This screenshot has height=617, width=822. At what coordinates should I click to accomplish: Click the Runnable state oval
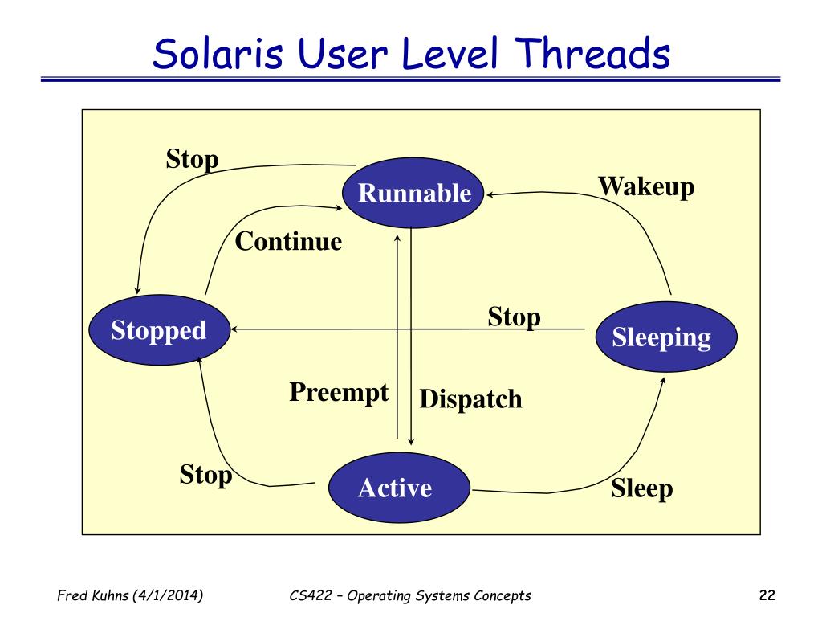[413, 193]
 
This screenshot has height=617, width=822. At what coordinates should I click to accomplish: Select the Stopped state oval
[160, 330]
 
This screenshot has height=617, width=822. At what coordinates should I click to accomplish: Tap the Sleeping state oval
[666, 337]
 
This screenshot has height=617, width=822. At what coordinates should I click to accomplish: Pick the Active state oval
[399, 488]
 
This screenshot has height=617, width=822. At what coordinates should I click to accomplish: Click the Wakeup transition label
[646, 186]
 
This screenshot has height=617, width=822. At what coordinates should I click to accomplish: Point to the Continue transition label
[288, 241]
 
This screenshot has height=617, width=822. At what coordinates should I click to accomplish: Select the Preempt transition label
[339, 393]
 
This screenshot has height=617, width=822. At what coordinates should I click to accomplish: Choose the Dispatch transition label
[470, 399]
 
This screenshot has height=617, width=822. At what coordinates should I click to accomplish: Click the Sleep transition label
[641, 489]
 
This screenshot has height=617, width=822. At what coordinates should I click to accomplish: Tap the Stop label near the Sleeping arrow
[514, 317]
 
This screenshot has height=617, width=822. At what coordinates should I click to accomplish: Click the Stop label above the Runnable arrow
[192, 159]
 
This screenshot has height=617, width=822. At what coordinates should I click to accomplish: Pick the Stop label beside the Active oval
[205, 475]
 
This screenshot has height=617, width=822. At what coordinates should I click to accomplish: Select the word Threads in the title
[592, 53]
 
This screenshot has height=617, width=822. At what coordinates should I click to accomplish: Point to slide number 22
[767, 595]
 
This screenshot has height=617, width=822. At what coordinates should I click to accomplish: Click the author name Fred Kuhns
[93, 595]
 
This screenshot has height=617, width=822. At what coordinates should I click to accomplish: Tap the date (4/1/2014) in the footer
[168, 595]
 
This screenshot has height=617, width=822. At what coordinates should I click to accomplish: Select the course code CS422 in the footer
[311, 595]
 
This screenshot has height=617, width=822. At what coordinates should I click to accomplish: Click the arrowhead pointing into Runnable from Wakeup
[490, 194]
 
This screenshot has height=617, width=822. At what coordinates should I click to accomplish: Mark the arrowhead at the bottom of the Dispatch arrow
[411, 442]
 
